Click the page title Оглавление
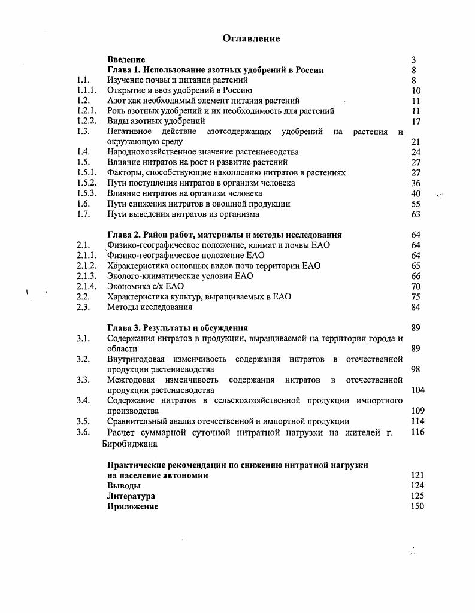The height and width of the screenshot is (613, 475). [251, 38]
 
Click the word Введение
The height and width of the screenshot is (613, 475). [126, 60]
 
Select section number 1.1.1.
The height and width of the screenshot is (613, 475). [86, 91]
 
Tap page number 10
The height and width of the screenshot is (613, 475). [416, 91]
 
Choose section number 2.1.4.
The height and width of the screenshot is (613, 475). [86, 286]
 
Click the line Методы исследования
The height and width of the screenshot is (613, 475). [150, 307]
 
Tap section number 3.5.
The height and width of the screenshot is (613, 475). [83, 421]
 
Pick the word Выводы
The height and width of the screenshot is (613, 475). [124, 485]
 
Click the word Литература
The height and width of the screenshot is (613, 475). [131, 496]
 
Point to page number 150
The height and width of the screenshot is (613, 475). [417, 506]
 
